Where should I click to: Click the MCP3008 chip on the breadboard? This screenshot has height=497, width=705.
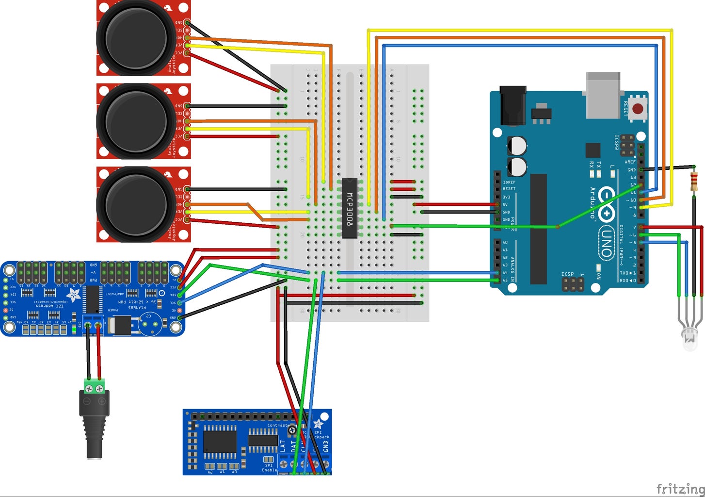pos(350,208)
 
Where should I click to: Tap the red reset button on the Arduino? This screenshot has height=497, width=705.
pos(638,108)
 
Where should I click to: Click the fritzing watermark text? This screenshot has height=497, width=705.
pos(680,488)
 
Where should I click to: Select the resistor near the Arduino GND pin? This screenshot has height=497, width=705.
pos(694,181)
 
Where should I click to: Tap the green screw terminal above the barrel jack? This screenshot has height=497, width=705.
pos(94,387)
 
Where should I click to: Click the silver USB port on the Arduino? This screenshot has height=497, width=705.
pos(603,95)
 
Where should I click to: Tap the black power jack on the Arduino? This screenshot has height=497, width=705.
pos(513,104)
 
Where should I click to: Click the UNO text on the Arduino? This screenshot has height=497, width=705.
pos(606,242)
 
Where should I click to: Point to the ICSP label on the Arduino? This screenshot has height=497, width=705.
pos(568,274)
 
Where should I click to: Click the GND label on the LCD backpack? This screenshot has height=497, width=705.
pos(325,446)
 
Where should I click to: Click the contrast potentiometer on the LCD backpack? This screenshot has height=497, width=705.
pos(292,430)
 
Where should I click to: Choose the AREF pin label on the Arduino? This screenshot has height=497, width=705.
pos(629,162)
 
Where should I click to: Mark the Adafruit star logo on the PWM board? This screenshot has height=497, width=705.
pos(74,294)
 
